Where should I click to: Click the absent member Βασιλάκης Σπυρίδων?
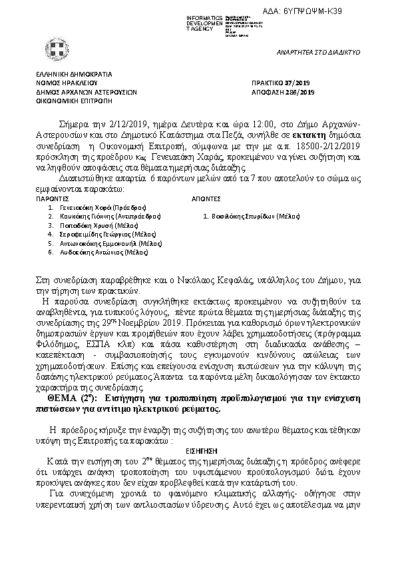(x=252, y=217)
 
